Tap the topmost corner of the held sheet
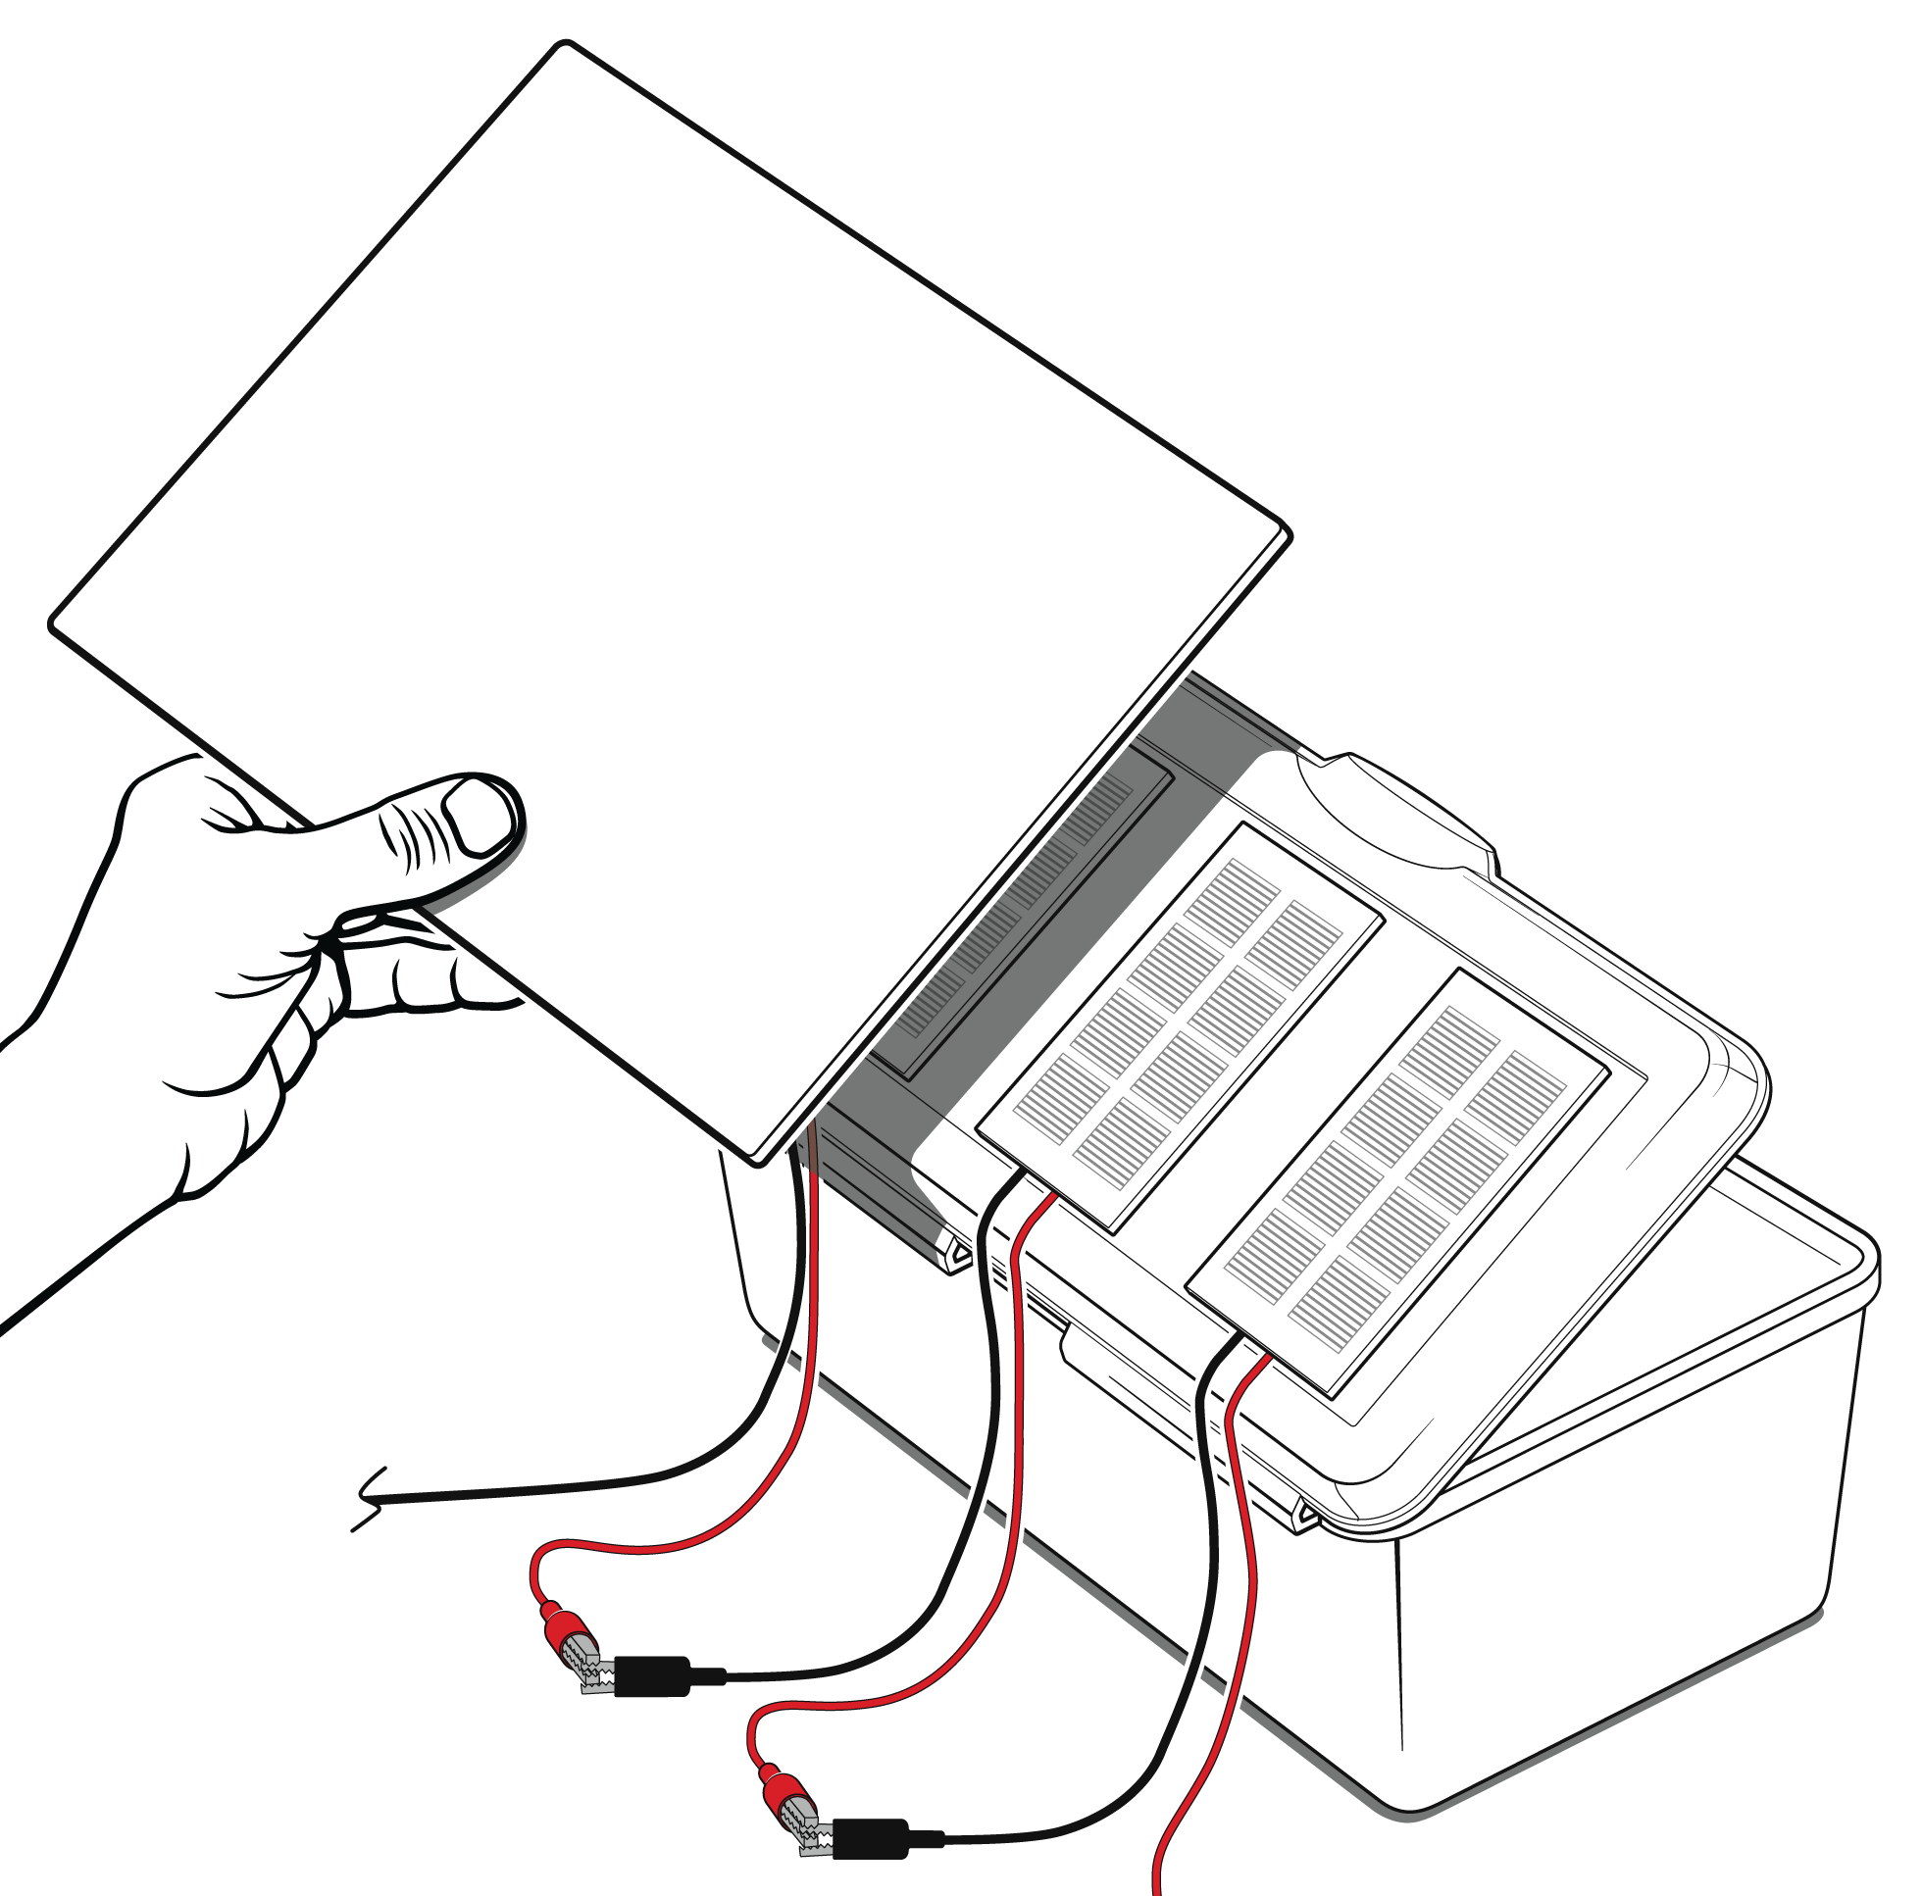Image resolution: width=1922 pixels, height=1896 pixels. point(565,46)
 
